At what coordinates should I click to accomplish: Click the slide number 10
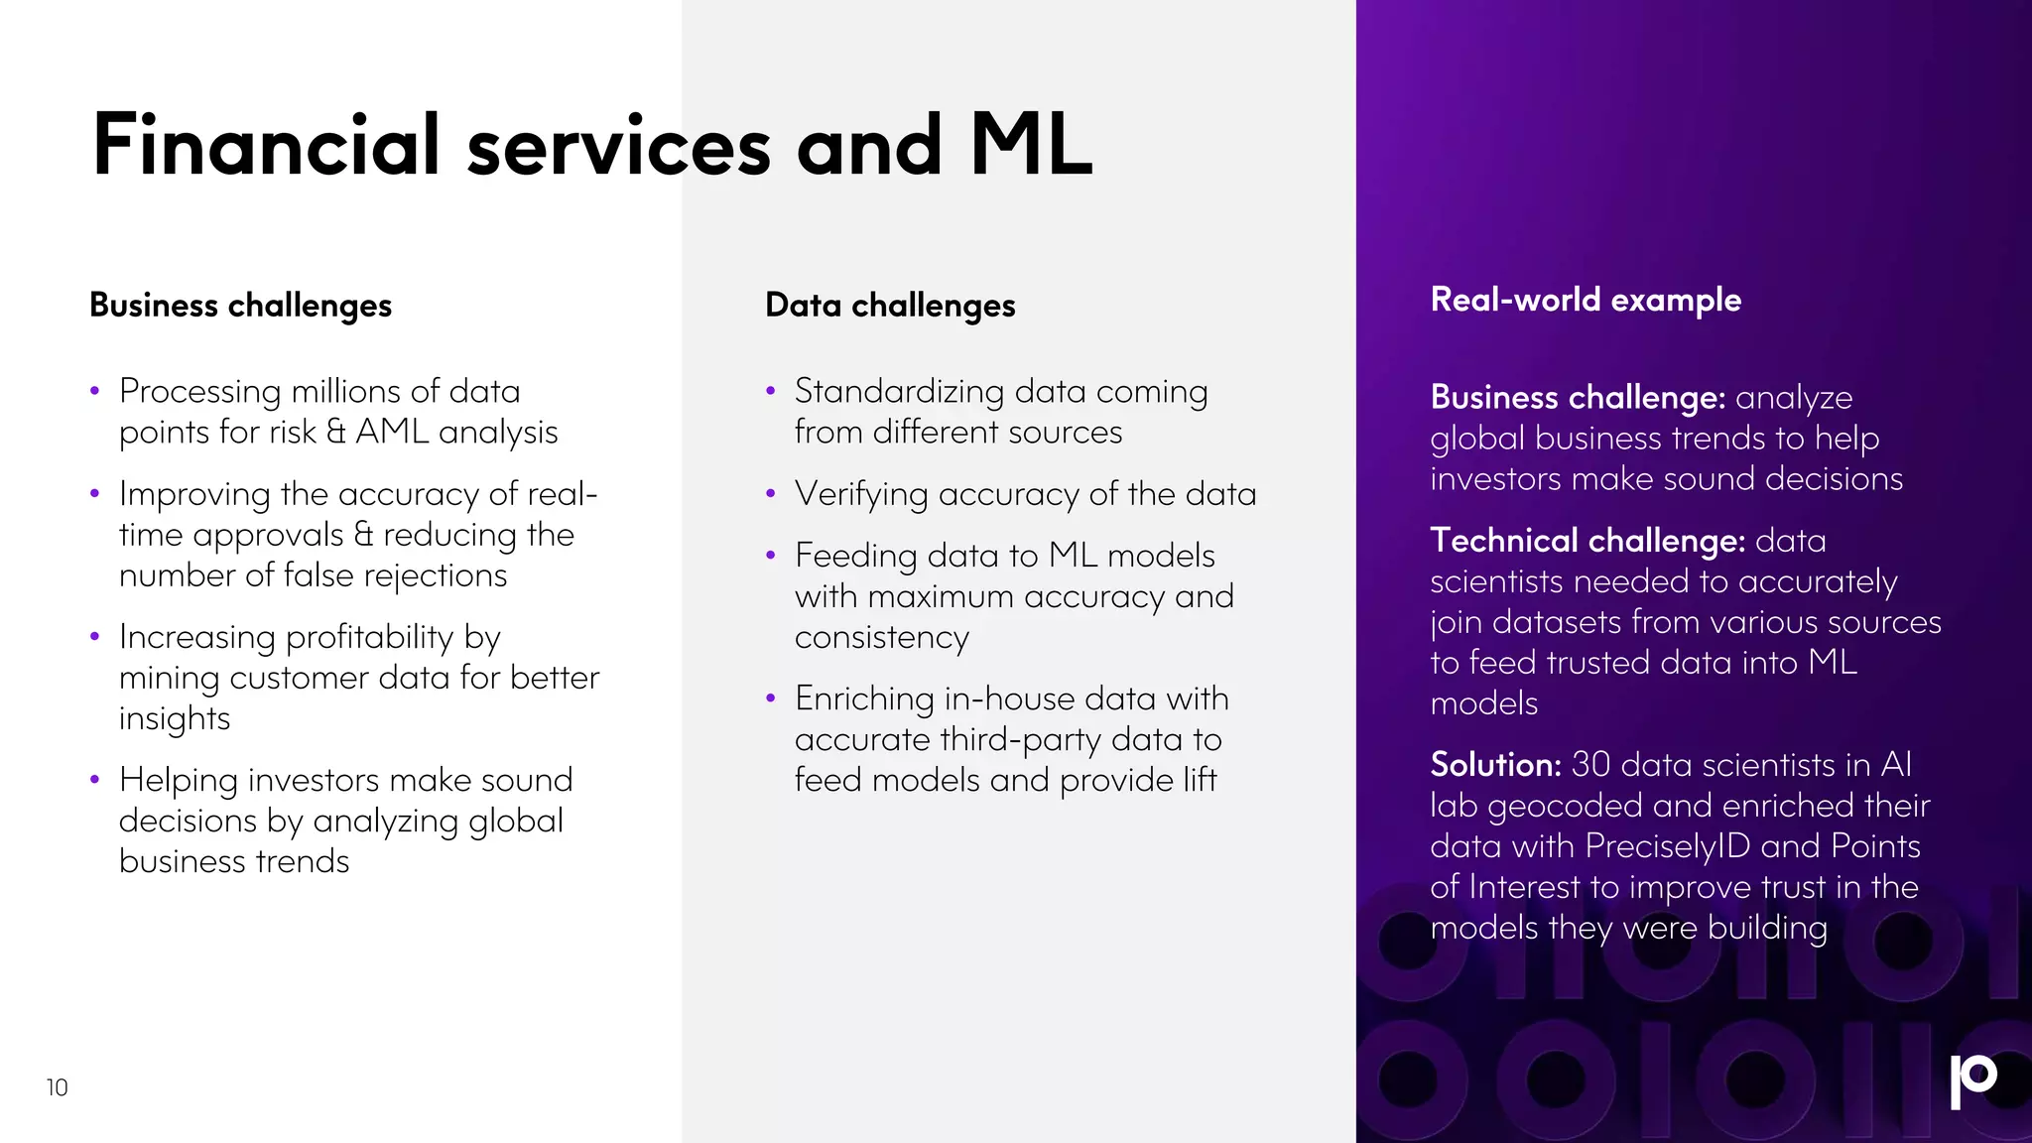[57, 1087]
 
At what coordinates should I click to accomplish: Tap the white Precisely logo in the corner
[1972, 1080]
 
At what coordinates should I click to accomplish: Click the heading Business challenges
[240, 306]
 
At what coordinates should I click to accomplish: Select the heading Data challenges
[890, 306]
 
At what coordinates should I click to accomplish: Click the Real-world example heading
[1586, 300]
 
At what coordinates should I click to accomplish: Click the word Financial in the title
[266, 146]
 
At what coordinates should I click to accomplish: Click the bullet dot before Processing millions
[94, 392]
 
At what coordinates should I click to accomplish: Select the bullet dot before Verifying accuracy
[770, 493]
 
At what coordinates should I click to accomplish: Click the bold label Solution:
[1495, 765]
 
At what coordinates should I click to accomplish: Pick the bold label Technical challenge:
[1587, 541]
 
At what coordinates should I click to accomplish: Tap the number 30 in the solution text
[1590, 765]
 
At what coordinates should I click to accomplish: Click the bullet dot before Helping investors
[94, 780]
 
